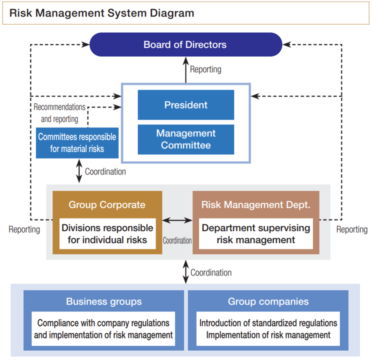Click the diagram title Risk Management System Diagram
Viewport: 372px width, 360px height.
point(101,13)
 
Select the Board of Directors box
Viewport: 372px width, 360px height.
point(185,44)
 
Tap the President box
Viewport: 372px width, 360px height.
point(185,105)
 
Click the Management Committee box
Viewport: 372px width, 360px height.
point(185,139)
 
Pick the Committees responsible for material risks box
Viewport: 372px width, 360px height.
point(77,142)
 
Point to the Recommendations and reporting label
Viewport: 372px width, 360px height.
point(59,113)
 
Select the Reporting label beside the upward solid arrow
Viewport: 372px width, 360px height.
point(205,69)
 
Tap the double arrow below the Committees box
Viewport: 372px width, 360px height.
point(78,171)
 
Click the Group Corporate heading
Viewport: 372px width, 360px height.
point(107,204)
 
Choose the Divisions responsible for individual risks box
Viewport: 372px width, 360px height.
point(107,234)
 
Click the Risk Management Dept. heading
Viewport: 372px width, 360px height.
point(255,204)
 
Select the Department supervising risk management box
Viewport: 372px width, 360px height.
point(255,234)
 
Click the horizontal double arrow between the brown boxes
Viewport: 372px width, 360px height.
point(177,220)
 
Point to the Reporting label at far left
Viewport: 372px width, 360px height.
point(24,229)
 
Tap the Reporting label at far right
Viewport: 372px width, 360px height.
point(351,229)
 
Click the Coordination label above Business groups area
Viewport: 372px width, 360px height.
point(211,272)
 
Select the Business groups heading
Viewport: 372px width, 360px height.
point(104,301)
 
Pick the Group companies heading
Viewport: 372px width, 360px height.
point(268,301)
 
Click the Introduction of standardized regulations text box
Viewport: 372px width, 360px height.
point(268,329)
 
